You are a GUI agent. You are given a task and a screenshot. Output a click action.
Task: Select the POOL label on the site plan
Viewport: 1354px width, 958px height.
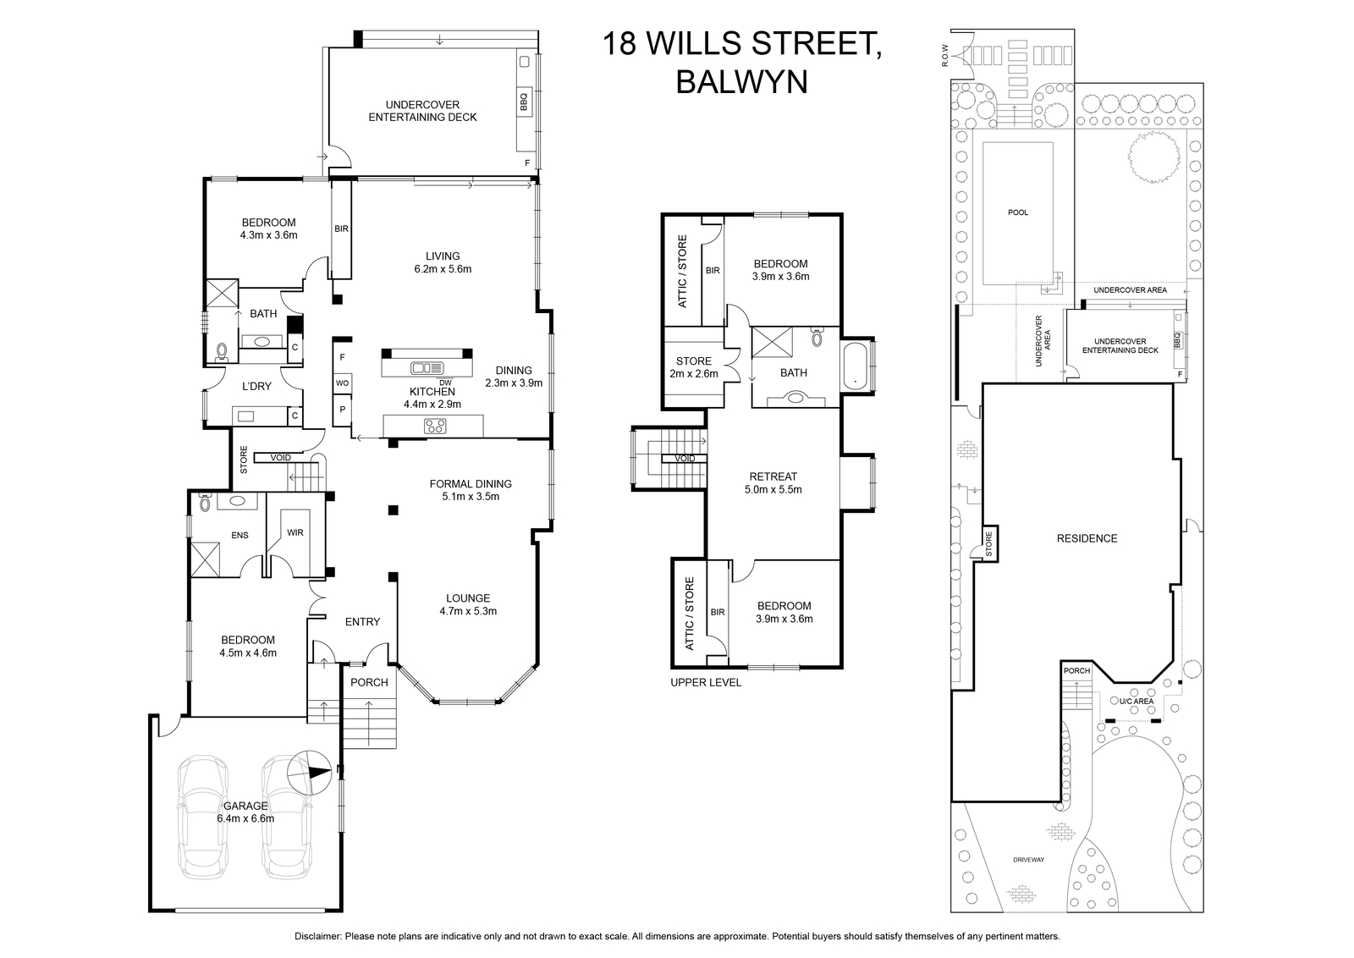pyautogui.click(x=1018, y=212)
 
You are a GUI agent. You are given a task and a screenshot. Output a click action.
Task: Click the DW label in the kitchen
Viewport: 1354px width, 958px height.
pyautogui.click(x=445, y=383)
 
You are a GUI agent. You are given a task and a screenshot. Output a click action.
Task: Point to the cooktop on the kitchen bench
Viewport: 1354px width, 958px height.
pyautogui.click(x=435, y=427)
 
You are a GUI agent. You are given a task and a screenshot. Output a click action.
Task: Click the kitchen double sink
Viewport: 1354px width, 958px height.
pyautogui.click(x=427, y=367)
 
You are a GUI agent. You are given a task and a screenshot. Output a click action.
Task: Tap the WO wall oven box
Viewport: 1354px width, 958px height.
pyautogui.click(x=342, y=383)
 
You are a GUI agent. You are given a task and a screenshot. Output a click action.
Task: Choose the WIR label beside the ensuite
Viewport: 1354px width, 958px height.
pyautogui.click(x=295, y=532)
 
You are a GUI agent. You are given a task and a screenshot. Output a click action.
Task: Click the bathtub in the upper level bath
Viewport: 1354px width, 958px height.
pyautogui.click(x=855, y=366)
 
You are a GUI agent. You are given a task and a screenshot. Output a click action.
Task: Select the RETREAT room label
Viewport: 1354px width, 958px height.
pyautogui.click(x=773, y=476)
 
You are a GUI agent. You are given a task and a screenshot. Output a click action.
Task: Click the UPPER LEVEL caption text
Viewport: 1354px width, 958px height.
pyautogui.click(x=706, y=682)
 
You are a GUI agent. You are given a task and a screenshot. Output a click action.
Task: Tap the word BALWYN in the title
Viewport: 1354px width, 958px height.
pyautogui.click(x=741, y=82)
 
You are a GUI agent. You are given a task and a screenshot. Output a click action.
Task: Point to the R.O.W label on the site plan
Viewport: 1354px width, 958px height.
pyautogui.click(x=945, y=55)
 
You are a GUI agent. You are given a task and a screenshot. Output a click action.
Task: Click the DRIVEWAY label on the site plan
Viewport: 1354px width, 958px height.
pyautogui.click(x=1028, y=860)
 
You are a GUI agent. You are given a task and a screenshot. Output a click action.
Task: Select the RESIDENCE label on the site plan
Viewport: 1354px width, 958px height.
pyautogui.click(x=1087, y=538)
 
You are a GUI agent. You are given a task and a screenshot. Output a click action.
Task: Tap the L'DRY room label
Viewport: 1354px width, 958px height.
pyautogui.click(x=256, y=386)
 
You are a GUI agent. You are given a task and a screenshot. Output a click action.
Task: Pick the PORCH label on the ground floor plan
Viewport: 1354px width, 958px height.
pyautogui.click(x=369, y=682)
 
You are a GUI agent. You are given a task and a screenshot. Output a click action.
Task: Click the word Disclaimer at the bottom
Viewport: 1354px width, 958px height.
pyautogui.click(x=318, y=936)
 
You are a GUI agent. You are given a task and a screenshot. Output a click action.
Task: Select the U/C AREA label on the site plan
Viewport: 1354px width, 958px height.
pyautogui.click(x=1137, y=701)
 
